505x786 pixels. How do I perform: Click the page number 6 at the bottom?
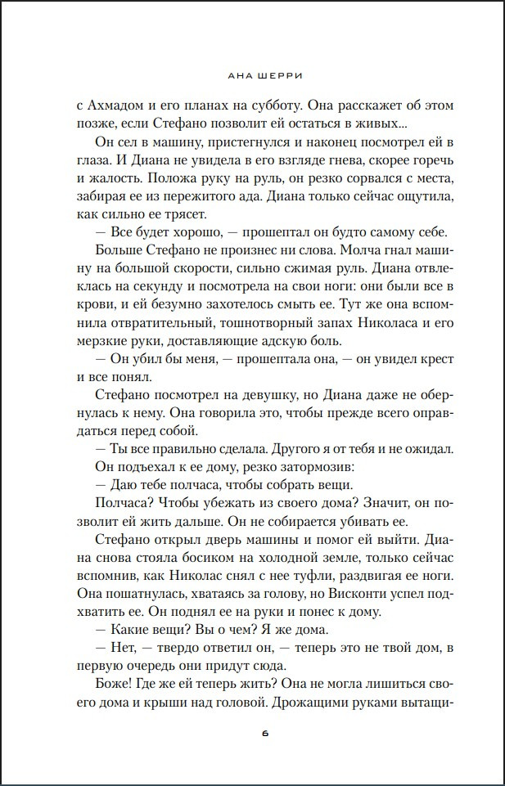tap(265, 733)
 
